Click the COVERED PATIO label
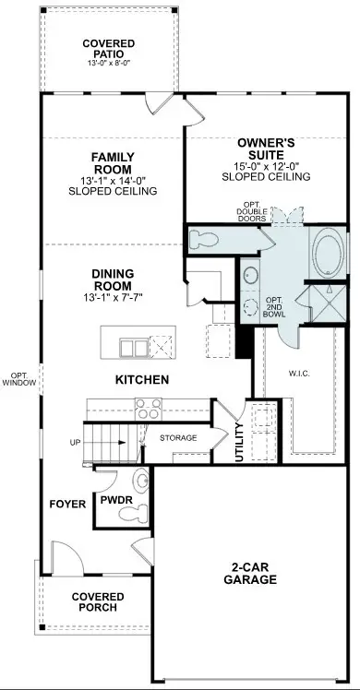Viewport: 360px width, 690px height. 108,49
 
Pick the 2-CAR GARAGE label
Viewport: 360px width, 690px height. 249,573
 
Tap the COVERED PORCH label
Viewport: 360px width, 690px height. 98,603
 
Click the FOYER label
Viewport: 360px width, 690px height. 68,505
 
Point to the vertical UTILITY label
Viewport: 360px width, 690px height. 239,441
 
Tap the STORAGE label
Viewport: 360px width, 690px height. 180,438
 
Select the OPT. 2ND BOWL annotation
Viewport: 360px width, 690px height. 274,308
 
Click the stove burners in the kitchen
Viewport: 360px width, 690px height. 146,407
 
